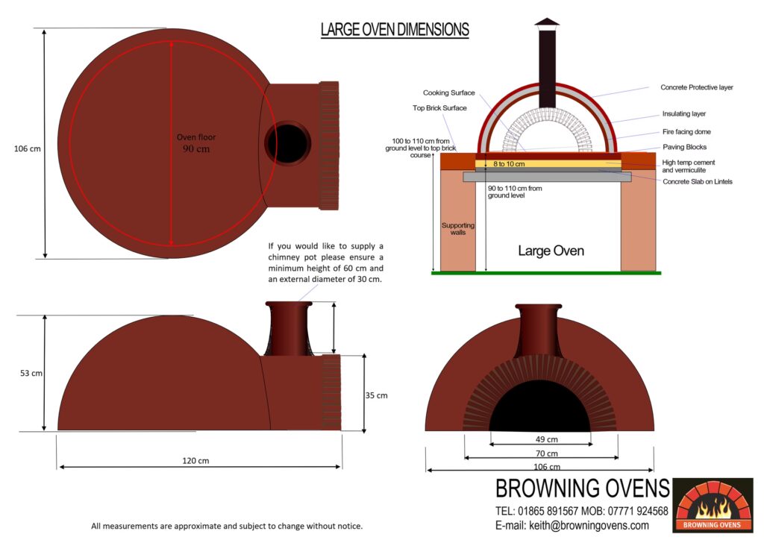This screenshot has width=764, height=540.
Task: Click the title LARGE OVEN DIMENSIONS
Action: (x=395, y=30)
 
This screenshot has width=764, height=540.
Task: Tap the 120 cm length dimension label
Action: (x=195, y=461)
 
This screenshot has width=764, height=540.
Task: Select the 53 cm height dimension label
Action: (x=31, y=373)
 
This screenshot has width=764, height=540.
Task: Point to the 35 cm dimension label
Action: (x=377, y=395)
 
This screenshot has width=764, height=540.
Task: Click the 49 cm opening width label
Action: (x=547, y=439)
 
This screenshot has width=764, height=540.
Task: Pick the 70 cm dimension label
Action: (x=547, y=453)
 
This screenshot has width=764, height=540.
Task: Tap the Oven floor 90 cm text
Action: (x=196, y=143)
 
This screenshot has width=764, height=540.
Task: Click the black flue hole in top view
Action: (x=287, y=143)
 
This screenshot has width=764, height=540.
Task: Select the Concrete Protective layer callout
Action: (x=697, y=87)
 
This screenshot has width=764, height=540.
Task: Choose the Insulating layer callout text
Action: (x=684, y=114)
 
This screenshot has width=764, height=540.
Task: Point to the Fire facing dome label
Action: (x=686, y=132)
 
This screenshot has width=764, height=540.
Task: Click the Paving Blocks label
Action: (x=685, y=147)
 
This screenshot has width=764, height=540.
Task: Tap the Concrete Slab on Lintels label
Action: (x=698, y=182)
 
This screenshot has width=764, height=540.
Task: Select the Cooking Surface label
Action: (x=448, y=92)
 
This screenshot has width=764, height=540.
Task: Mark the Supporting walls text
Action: (x=458, y=229)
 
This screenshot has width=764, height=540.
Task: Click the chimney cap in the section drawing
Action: (x=547, y=22)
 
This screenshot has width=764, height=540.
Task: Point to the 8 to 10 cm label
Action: (x=509, y=164)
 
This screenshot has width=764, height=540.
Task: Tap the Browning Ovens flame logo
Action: (x=713, y=506)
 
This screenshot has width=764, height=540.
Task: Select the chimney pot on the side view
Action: (x=289, y=327)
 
